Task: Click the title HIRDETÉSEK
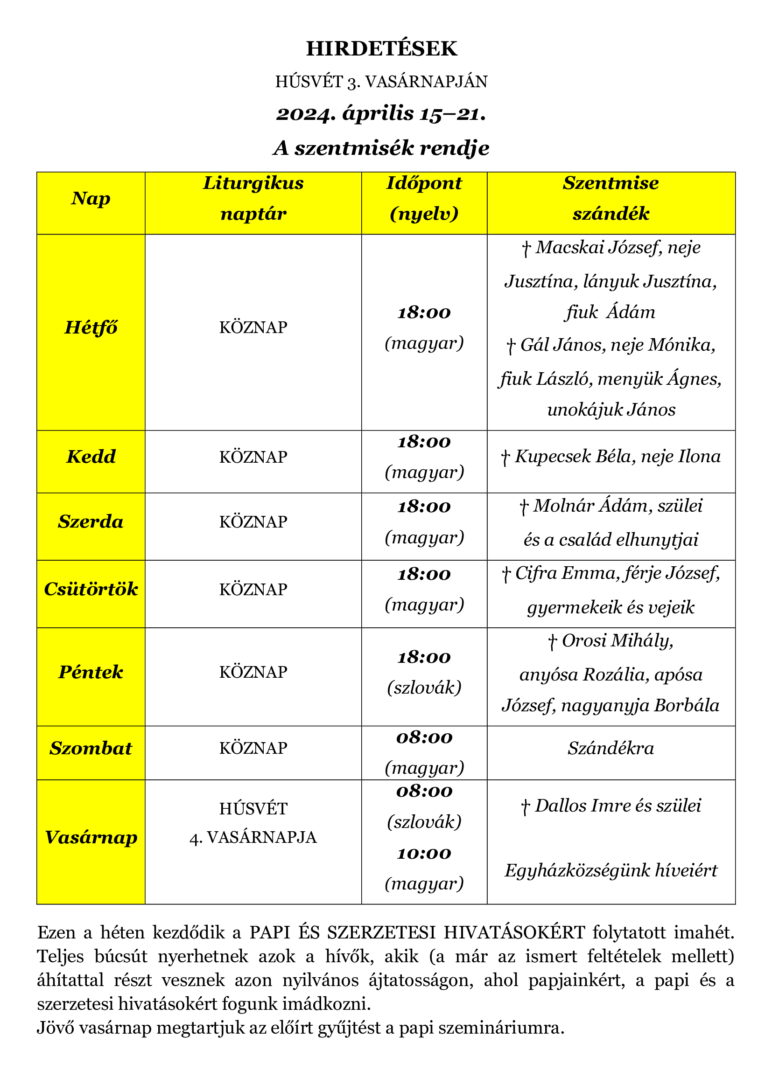[x=381, y=49]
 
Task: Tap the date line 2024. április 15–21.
[x=381, y=114]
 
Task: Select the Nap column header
[x=91, y=199]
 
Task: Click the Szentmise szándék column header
[x=611, y=199]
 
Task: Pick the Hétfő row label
[x=91, y=328]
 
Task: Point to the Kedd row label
[x=91, y=457]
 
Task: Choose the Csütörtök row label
[x=91, y=590]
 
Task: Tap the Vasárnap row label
[x=91, y=837]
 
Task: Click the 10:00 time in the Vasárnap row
[x=424, y=854]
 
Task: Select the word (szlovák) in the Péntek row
[x=424, y=688]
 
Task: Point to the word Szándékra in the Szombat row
[x=611, y=748]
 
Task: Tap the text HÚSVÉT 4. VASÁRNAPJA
[x=253, y=823]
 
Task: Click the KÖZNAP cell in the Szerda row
[x=253, y=522]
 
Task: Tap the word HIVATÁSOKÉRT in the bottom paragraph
[x=514, y=933]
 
